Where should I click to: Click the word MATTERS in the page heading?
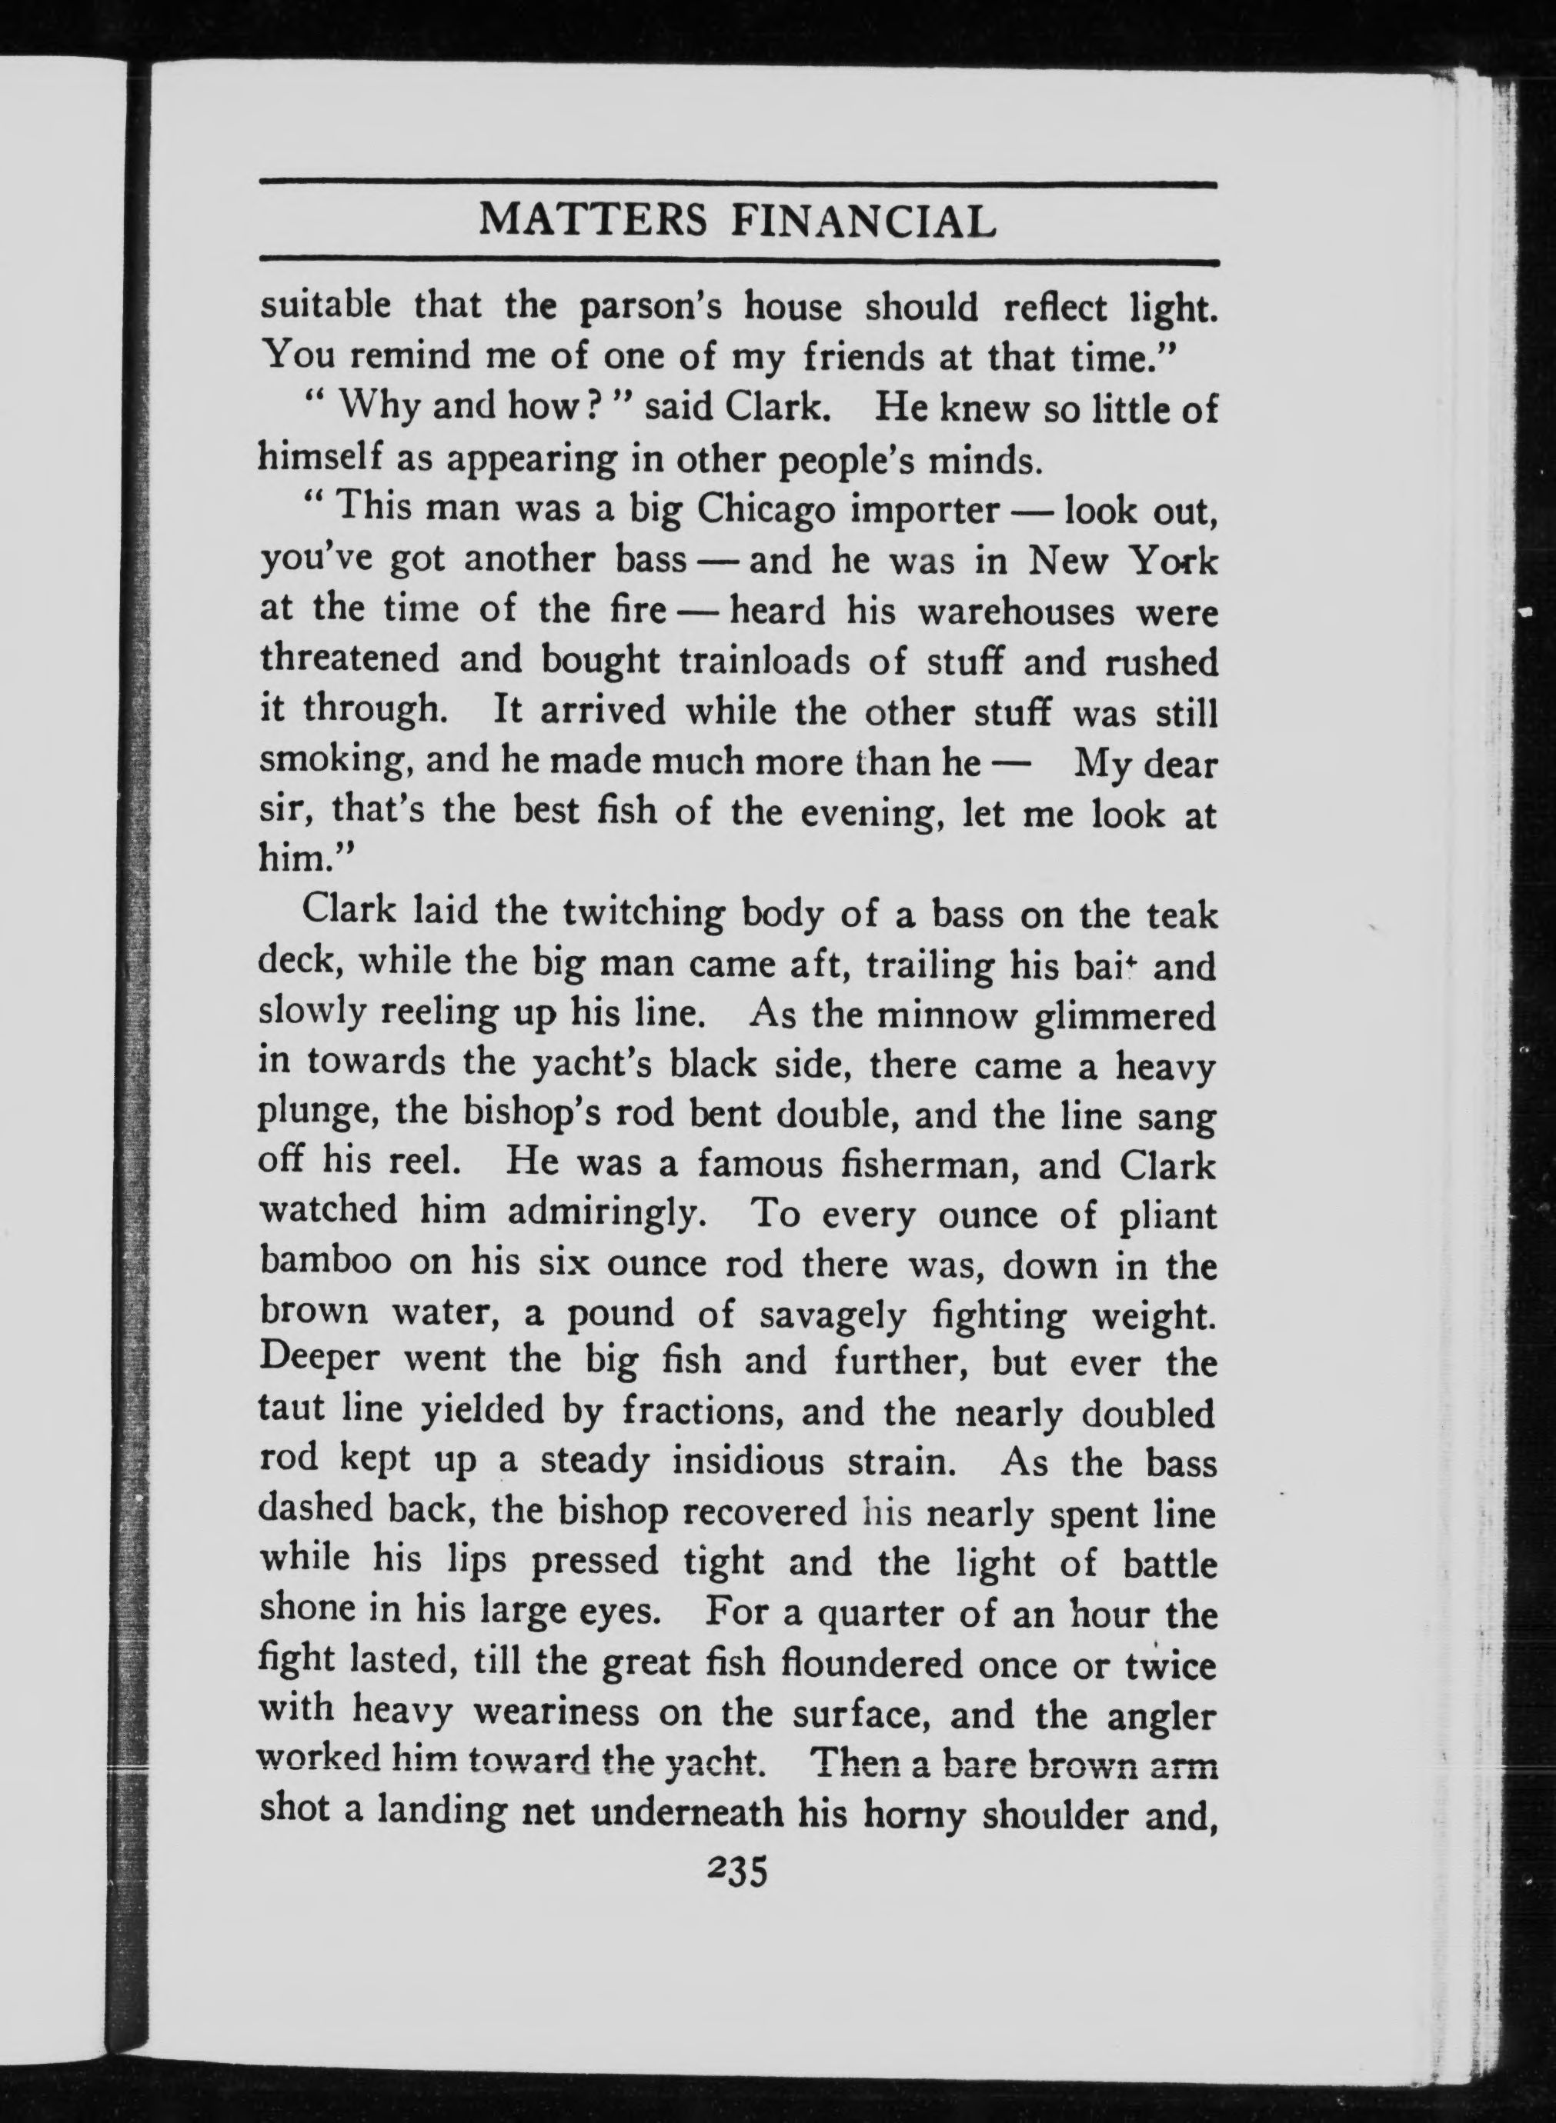click(x=593, y=222)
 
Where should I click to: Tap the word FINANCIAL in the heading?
click(x=863, y=222)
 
